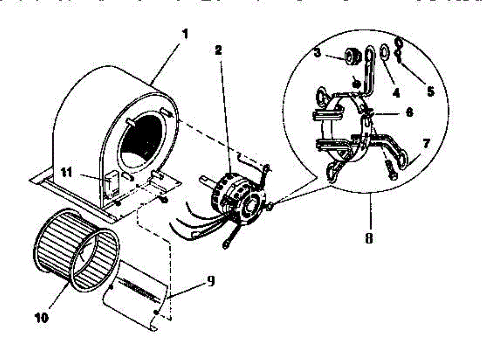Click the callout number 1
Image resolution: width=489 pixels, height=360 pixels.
(x=185, y=34)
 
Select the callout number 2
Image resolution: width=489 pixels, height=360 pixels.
(x=218, y=50)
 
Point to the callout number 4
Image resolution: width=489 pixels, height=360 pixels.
(x=395, y=93)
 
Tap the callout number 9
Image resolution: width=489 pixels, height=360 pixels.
(x=211, y=281)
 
